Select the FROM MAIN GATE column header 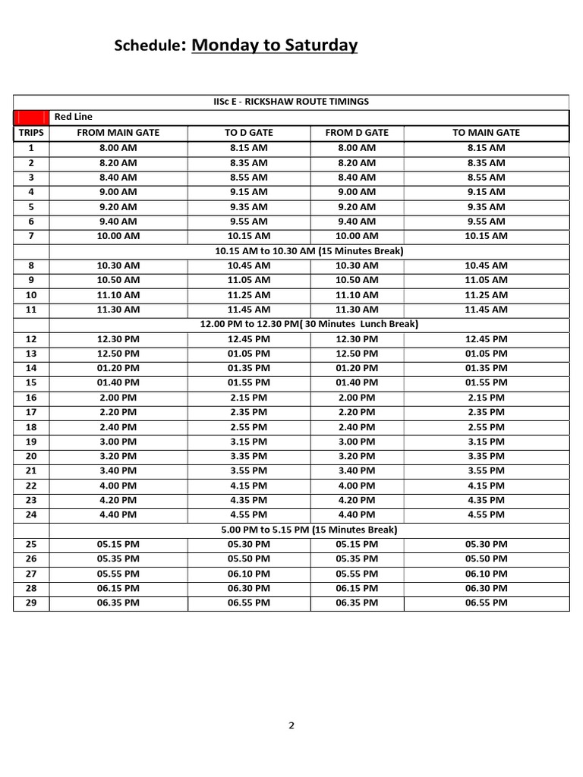pos(118,133)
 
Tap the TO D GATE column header pos(249,133)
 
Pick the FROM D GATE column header pos(357,133)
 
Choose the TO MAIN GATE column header pos(486,133)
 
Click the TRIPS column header pos(31,133)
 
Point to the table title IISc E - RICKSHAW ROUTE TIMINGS pos(291,102)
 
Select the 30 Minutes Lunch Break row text pos(309,324)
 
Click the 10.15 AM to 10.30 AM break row pos(309,250)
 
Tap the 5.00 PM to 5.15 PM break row pos(309,530)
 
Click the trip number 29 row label pos(31,602)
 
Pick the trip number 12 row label pos(31,339)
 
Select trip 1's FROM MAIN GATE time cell pos(118,148)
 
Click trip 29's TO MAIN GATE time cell pos(486,602)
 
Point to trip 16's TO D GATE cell pos(249,398)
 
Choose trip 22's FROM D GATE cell pos(357,486)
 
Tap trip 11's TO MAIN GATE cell pos(486,310)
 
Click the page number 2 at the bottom pos(291,725)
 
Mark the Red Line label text pos(73,117)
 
